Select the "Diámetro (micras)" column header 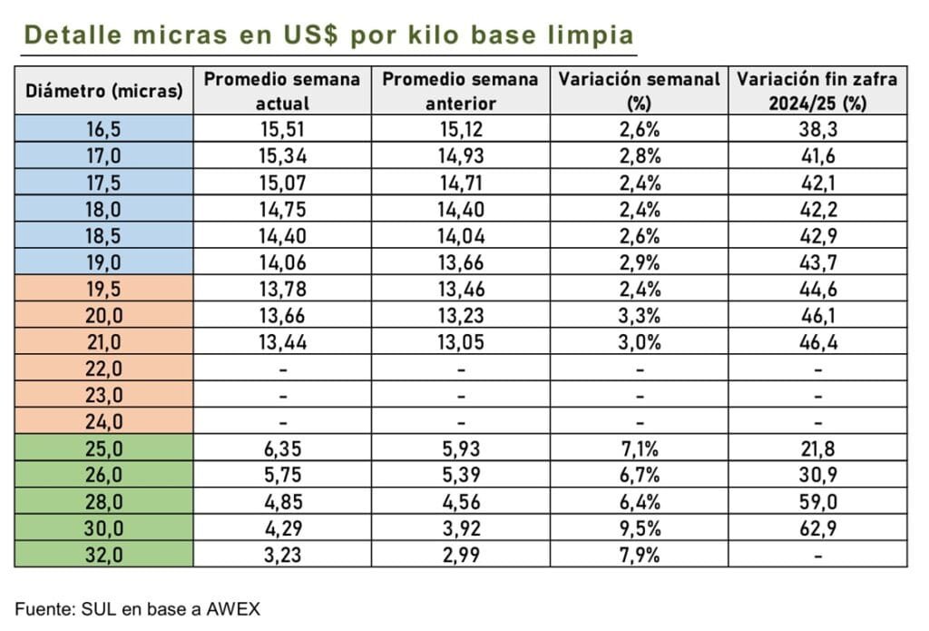tap(103, 91)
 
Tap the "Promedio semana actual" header tap(282, 90)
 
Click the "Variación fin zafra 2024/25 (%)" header tap(817, 90)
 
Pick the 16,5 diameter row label tap(103, 129)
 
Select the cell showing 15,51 tap(282, 129)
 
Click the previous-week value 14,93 tap(461, 155)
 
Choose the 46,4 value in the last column tap(817, 342)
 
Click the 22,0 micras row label tap(103, 369)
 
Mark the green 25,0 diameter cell tap(103, 449)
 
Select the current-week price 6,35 tap(282, 449)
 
